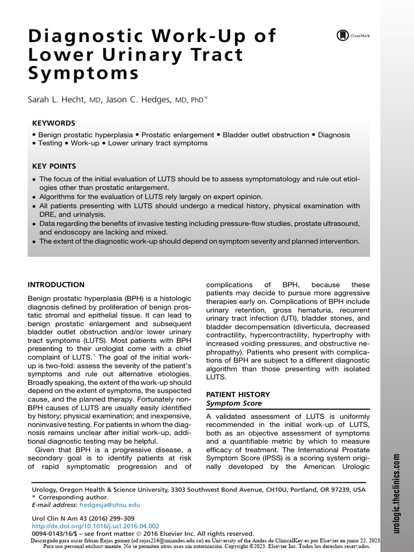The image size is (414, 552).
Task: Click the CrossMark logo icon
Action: pyautogui.click(x=342, y=36)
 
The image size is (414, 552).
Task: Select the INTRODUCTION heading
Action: pyautogui.click(x=56, y=285)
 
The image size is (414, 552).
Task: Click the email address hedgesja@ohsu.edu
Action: pyautogui.click(x=109, y=505)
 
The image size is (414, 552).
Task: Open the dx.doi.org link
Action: pyautogui.click(x=96, y=526)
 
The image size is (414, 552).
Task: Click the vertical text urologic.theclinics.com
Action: pyautogui.click(x=397, y=493)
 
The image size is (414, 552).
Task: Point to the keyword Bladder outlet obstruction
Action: pyautogui.click(x=266, y=135)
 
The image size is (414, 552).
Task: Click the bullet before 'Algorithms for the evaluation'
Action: pyautogui.click(x=34, y=197)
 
